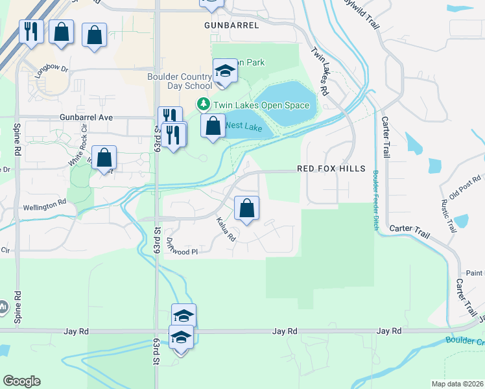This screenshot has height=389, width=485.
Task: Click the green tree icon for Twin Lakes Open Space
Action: pyautogui.click(x=204, y=104)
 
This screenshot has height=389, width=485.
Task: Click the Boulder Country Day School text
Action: pyautogui.click(x=179, y=80)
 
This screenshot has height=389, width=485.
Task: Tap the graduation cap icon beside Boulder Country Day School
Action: pyautogui.click(x=225, y=71)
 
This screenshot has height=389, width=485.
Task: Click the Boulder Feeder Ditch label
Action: pyautogui.click(x=375, y=200)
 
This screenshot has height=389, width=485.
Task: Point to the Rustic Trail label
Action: pyautogui.click(x=446, y=217)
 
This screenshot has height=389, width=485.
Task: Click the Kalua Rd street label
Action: pyautogui.click(x=226, y=230)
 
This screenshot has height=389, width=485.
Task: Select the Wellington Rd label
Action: pyautogui.click(x=45, y=202)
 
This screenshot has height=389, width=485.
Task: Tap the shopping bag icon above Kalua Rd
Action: pyautogui.click(x=246, y=209)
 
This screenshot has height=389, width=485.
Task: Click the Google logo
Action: pyautogui.click(x=21, y=381)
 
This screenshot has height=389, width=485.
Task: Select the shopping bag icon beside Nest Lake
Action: pyautogui.click(x=213, y=126)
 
